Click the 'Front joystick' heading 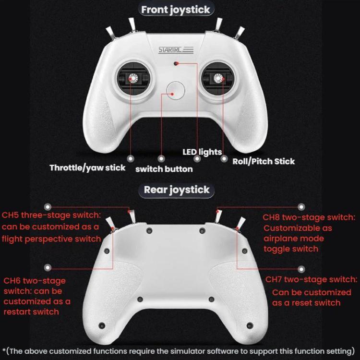[x=176, y=10]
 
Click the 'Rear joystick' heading [x=177, y=190]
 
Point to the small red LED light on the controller [x=176, y=63]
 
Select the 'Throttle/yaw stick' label [x=87, y=168]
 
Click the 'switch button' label [x=164, y=169]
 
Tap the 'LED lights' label [x=202, y=152]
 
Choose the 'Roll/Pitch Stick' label [x=264, y=161]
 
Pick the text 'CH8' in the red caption [x=273, y=217]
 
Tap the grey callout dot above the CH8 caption [x=301, y=206]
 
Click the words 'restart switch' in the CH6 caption [x=31, y=312]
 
